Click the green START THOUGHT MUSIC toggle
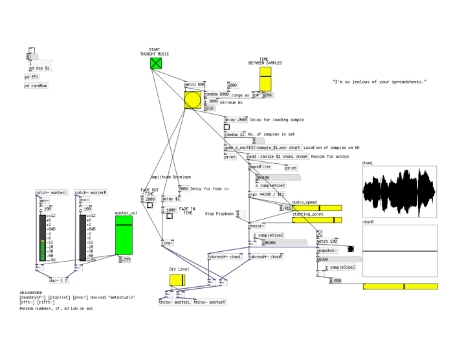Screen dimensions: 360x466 click(x=155, y=63)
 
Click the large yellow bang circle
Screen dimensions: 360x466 click(x=193, y=100)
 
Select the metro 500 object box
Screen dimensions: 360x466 click(x=195, y=85)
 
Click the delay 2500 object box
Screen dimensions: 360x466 click(x=236, y=120)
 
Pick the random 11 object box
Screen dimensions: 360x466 click(x=234, y=135)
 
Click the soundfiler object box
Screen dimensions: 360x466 click(x=260, y=166)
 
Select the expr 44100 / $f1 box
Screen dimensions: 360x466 click(x=267, y=194)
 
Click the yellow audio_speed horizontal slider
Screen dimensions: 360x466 click(x=317, y=208)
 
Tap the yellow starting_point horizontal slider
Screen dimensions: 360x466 click(x=317, y=220)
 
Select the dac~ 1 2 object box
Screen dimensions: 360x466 click(x=60, y=280)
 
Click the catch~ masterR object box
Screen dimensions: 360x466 click(x=91, y=193)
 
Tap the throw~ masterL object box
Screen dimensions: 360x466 click(x=175, y=302)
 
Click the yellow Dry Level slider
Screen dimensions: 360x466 click(x=177, y=280)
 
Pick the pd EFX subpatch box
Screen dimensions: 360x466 click(x=32, y=76)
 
